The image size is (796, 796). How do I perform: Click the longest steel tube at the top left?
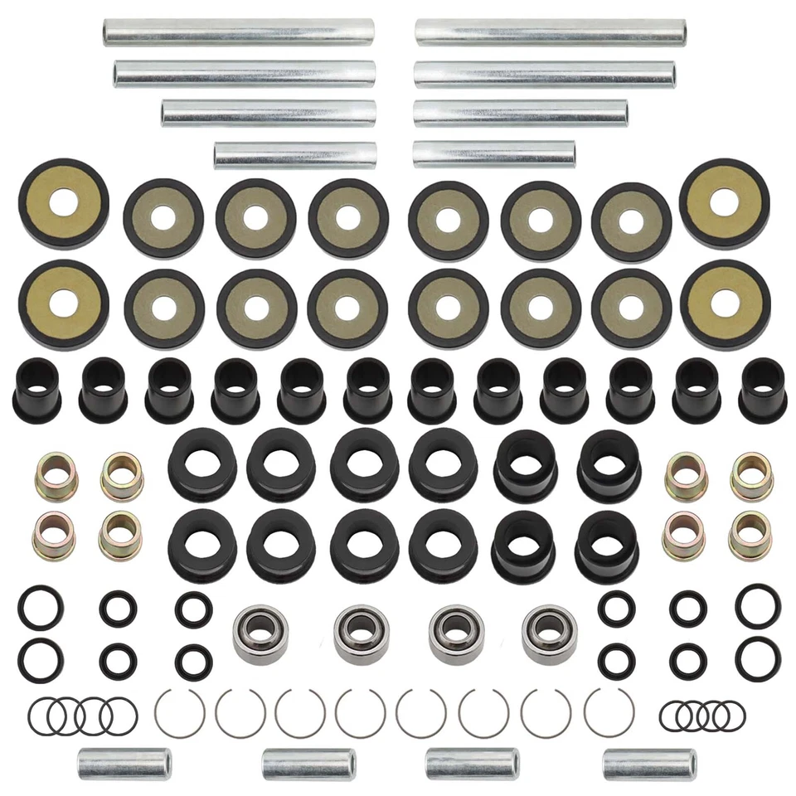point(238,32)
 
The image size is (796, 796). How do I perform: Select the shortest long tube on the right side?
point(494,154)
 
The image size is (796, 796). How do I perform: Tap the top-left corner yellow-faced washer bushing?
point(63,202)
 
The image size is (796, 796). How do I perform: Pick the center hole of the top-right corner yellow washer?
point(723,201)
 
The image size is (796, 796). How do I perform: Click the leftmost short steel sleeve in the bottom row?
point(124,764)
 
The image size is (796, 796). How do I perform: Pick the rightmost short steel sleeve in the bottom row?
point(649,764)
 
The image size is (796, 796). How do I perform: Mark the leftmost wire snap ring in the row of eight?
point(180,711)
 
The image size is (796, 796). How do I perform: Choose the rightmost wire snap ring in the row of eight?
point(609,711)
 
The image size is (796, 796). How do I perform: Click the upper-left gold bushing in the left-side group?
point(53,476)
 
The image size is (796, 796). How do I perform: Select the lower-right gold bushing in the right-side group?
point(750,535)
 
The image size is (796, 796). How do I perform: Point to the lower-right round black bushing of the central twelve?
point(606,547)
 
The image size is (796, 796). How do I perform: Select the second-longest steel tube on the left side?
point(245,74)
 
